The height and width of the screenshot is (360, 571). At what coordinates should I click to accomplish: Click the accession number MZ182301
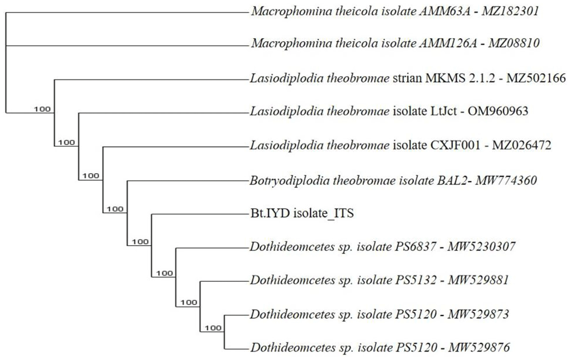pyautogui.click(x=510, y=11)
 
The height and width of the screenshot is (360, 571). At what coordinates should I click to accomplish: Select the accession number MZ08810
pyautogui.click(x=513, y=43)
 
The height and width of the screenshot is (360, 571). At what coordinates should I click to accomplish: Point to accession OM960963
pyautogui.click(x=498, y=111)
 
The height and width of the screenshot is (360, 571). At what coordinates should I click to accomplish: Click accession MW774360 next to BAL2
pyautogui.click(x=506, y=181)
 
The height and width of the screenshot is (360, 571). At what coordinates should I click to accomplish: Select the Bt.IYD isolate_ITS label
pyautogui.click(x=302, y=213)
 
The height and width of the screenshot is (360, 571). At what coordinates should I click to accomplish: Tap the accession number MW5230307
pyautogui.click(x=481, y=247)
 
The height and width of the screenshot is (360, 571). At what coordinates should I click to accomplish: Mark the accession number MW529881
pyautogui.click(x=478, y=280)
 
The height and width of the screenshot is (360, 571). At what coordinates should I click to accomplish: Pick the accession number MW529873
pyautogui.click(x=478, y=314)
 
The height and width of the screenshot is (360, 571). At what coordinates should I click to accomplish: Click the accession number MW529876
pyautogui.click(x=479, y=347)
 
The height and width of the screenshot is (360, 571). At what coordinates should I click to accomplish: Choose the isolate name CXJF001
pyautogui.click(x=453, y=145)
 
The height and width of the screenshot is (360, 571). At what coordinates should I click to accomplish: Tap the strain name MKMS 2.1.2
pyautogui.click(x=460, y=78)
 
